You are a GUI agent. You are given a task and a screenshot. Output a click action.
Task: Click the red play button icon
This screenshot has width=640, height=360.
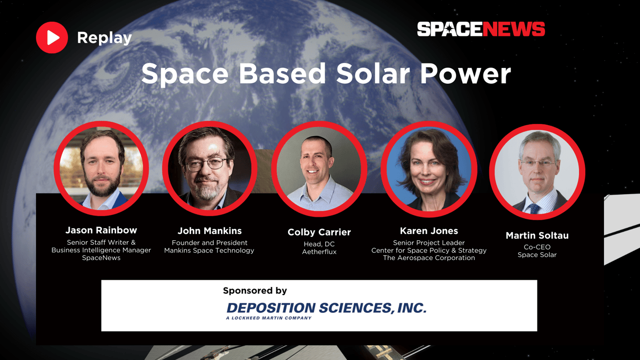point(52,37)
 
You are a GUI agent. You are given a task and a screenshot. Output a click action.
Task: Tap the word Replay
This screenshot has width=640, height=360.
point(104,38)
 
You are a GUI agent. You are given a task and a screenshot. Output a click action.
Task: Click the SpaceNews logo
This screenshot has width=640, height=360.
point(481,29)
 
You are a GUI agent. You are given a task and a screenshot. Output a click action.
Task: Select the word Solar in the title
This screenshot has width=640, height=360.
point(373,73)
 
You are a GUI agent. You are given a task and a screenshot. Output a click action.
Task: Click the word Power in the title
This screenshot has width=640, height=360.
point(465,73)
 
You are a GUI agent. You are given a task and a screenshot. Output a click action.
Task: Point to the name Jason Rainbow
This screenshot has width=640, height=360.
point(101,230)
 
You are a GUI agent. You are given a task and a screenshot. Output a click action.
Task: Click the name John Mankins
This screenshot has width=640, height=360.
point(209,230)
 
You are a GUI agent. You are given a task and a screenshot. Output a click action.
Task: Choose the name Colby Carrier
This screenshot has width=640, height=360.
point(319,232)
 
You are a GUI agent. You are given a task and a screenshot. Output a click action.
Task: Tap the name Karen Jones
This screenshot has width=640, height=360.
point(429,230)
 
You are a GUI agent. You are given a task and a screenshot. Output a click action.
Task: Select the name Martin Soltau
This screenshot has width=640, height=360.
point(537,235)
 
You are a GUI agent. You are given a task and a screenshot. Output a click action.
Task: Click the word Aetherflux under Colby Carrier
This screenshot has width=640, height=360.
point(319,252)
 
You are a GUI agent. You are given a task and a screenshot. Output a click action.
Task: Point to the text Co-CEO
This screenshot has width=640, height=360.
point(537,247)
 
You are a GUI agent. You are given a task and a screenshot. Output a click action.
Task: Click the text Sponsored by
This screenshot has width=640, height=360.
point(255,291)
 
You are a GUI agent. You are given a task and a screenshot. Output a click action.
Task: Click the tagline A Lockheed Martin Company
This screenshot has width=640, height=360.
point(269,318)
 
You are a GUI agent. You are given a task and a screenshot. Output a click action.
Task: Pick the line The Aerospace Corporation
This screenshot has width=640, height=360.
point(429,258)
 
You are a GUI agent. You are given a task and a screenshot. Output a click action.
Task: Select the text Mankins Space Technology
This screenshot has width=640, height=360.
point(209,250)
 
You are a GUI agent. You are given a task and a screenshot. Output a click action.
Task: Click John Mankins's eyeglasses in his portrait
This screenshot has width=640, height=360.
point(206,164)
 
